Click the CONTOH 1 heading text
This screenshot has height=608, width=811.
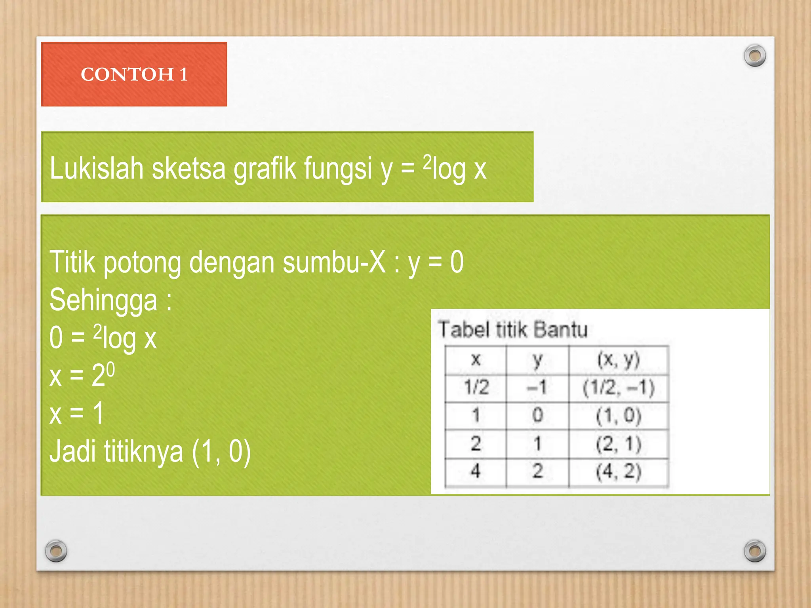(x=134, y=74)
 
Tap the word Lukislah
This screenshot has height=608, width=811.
(x=96, y=168)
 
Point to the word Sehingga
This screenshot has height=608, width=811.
(x=103, y=300)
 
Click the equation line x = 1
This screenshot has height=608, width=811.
(x=77, y=413)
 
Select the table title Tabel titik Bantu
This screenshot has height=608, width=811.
(x=512, y=330)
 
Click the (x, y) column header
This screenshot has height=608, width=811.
(x=618, y=359)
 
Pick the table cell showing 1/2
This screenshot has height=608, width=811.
(x=476, y=387)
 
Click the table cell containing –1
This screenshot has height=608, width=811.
(x=537, y=387)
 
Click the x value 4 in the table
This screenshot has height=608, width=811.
(x=476, y=471)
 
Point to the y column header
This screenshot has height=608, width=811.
(x=537, y=359)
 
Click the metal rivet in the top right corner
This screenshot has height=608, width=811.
(x=755, y=55)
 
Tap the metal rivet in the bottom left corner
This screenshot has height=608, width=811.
(x=56, y=551)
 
